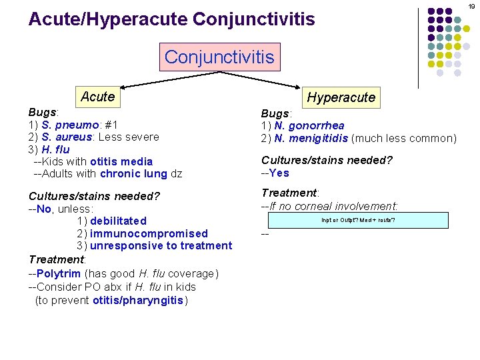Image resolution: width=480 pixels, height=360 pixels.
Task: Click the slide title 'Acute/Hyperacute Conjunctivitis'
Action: click(x=171, y=19)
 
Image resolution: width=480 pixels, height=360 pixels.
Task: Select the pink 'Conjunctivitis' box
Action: click(x=219, y=57)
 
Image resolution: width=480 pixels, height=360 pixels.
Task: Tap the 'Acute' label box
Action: click(x=97, y=97)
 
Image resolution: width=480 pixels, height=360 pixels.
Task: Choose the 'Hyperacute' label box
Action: click(x=341, y=97)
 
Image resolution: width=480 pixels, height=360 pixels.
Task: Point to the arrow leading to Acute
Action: click(x=143, y=79)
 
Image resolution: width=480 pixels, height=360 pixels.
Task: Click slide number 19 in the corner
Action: click(x=471, y=6)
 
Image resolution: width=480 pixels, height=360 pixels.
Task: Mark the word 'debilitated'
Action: click(x=118, y=221)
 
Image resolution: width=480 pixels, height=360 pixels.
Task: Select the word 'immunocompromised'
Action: click(x=149, y=233)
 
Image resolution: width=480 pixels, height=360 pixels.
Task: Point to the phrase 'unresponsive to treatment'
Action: click(x=161, y=245)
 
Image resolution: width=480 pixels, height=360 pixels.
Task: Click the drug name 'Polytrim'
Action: click(x=59, y=273)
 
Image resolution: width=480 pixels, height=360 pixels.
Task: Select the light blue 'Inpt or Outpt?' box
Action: click(x=358, y=220)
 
